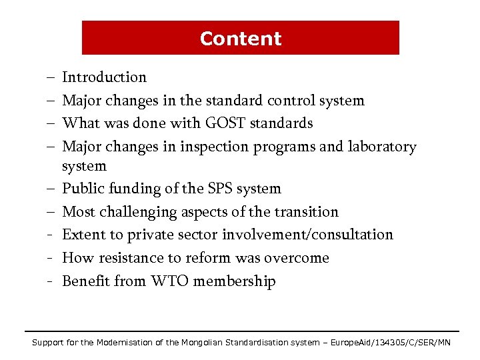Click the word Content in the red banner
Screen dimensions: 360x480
point(241,39)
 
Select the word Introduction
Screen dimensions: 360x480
point(104,77)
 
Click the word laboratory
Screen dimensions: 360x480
point(381,147)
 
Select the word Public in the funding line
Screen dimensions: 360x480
point(83,189)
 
